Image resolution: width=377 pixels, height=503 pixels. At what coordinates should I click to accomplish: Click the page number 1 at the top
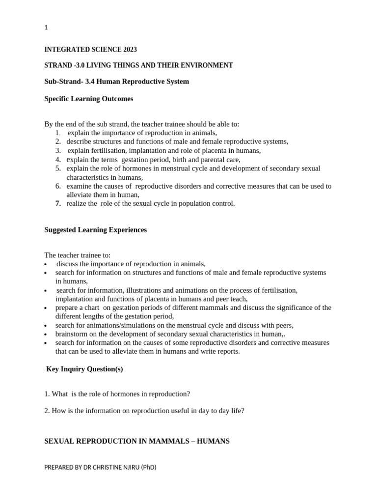point(46,28)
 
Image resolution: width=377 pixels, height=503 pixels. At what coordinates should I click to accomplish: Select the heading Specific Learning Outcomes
point(89,99)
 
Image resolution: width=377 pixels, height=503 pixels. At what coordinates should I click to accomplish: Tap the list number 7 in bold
point(58,203)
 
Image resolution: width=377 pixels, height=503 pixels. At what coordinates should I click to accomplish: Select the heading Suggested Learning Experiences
point(96,230)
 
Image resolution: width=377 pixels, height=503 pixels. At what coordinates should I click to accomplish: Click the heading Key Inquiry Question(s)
point(84,369)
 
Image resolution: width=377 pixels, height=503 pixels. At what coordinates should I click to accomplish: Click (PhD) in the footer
point(148,467)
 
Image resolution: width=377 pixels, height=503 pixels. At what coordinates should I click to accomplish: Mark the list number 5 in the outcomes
point(58,168)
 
